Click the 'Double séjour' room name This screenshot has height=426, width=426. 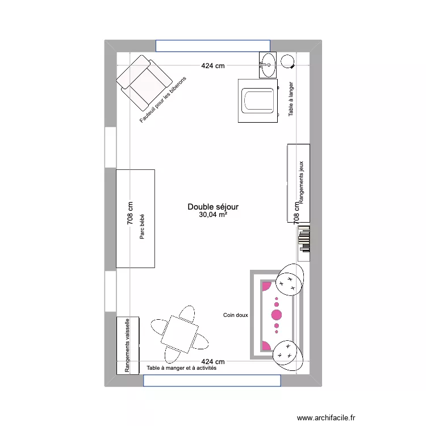[x=213, y=207]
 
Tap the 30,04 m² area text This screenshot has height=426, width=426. [x=213, y=215]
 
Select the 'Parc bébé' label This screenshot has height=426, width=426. [x=141, y=231]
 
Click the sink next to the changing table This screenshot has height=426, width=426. [x=268, y=64]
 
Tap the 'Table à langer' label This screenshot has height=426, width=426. [x=291, y=99]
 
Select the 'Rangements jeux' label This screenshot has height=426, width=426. [x=302, y=182]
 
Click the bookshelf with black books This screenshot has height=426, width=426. [x=303, y=238]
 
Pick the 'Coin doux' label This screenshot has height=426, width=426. [x=235, y=315]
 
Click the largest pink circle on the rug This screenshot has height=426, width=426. [x=277, y=315]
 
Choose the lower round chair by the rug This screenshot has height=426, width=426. [x=286, y=354]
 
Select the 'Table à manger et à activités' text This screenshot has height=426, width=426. [x=181, y=368]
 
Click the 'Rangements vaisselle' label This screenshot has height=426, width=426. [x=128, y=345]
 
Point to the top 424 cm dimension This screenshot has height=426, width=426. [x=212, y=65]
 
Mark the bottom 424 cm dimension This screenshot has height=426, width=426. [x=212, y=361]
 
